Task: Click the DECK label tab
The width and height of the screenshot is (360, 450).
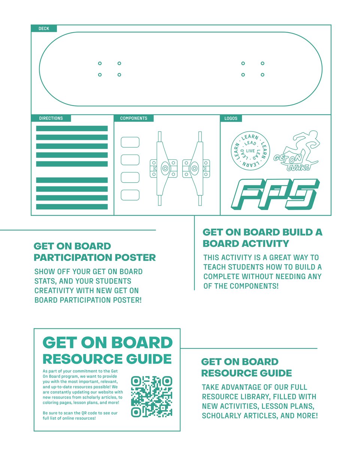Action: coord(44,28)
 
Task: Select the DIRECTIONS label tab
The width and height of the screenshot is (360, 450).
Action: coord(51,118)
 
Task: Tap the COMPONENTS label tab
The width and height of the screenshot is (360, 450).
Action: coord(134,118)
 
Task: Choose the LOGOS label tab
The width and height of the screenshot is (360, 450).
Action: coord(231,118)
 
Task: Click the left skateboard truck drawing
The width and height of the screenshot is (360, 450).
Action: coord(163,168)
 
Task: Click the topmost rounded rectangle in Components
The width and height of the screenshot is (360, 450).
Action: coord(130,142)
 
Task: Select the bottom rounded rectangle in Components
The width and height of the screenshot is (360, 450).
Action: coord(130,195)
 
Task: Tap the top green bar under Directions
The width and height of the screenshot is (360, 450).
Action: coord(72,129)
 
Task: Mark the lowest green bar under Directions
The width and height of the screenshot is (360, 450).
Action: coord(72,207)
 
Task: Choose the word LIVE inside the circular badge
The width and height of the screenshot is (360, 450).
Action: coord(250,151)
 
